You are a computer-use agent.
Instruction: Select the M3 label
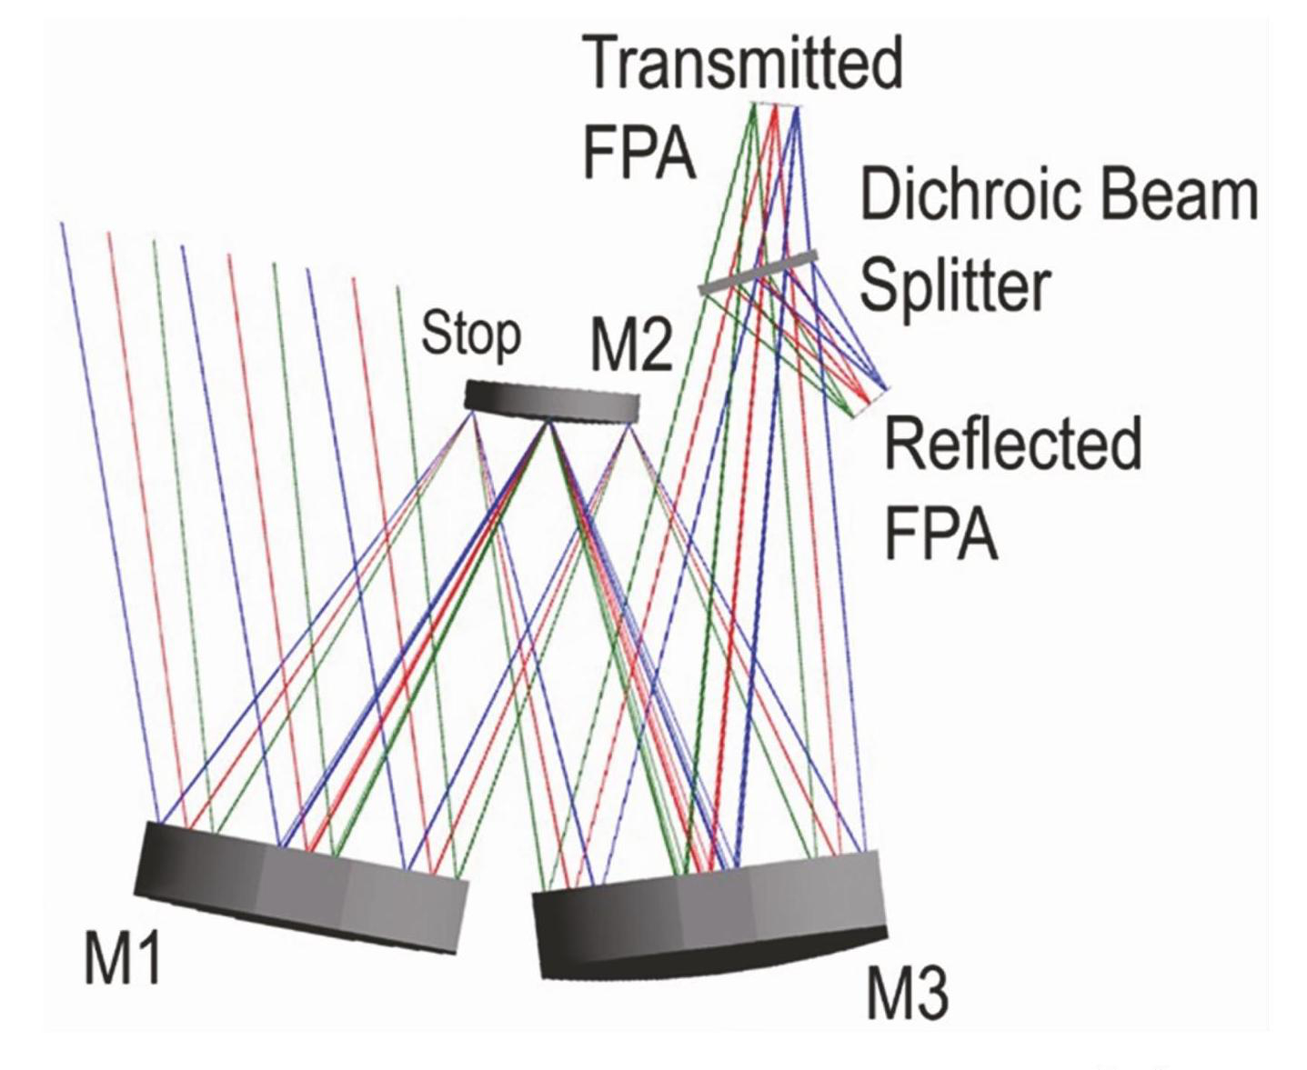pyautogui.click(x=907, y=994)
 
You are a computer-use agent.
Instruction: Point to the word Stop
pyautogui.click(x=471, y=335)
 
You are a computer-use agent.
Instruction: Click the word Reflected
pyautogui.click(x=1012, y=443)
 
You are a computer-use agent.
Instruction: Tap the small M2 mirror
pyautogui.click(x=552, y=401)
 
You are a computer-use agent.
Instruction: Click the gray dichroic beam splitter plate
pyautogui.click(x=759, y=272)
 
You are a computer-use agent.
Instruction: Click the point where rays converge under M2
pyautogui.click(x=548, y=424)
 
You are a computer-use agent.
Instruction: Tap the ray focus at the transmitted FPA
pyautogui.click(x=775, y=106)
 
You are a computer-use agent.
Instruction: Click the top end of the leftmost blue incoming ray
pyautogui.click(x=62, y=224)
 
